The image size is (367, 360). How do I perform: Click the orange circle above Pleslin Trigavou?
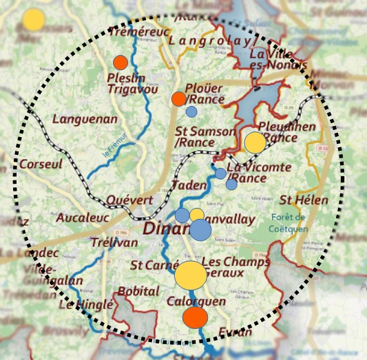pos(120,62)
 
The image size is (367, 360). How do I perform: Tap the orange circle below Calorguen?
pos(195,317)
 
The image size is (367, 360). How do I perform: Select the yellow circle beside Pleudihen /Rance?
pos(255,142)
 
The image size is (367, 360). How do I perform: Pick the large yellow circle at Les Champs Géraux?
pos(190,275)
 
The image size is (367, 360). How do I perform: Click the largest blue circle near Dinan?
pos(200,230)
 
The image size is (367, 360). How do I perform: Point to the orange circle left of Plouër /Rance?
pos(178,98)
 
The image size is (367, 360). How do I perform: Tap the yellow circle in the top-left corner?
pos(33,19)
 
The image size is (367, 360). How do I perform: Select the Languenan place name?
pos(85,119)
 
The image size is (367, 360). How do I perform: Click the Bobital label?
pos(138,292)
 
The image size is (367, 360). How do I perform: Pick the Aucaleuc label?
pos(78,218)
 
